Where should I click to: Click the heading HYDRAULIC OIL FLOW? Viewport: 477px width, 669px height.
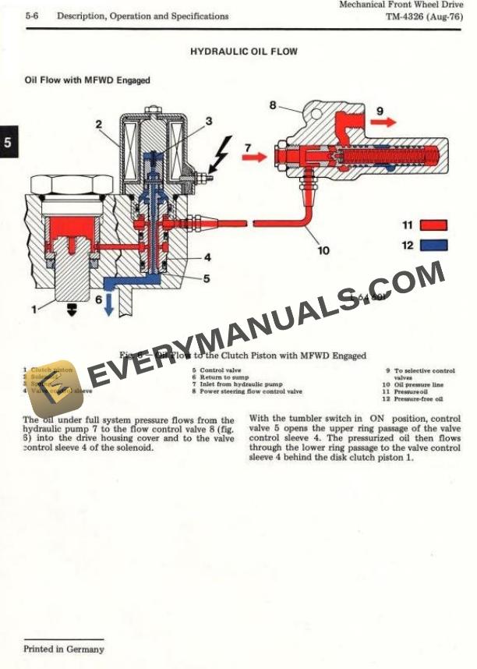point(244,52)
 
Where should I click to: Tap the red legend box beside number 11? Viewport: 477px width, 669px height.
point(433,225)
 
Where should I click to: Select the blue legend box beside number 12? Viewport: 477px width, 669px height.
point(433,245)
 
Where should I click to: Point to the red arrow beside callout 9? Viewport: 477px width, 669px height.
point(386,122)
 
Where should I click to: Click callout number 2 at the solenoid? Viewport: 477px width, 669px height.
point(100,124)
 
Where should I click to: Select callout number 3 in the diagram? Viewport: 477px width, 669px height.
point(209,121)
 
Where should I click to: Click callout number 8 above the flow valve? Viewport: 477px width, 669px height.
point(273,104)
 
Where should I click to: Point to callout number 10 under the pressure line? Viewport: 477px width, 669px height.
point(323,250)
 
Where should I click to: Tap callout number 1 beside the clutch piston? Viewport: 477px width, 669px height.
point(34,309)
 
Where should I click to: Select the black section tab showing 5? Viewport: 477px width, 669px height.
point(8,143)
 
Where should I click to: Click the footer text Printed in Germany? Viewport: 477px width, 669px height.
point(63,649)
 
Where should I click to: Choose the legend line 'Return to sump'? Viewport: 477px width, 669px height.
point(224,377)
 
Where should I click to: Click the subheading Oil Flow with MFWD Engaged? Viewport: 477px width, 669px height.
point(87,80)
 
